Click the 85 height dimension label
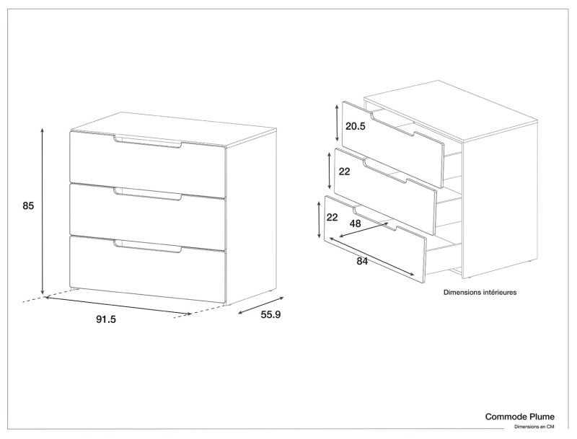click(28, 206)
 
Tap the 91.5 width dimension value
click(106, 319)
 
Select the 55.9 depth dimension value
click(270, 315)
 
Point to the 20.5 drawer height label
click(356, 126)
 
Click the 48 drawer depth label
click(355, 223)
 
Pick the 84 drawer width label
click(362, 262)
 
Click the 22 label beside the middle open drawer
click(345, 172)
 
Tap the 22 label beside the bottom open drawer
click(332, 217)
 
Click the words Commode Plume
click(519, 417)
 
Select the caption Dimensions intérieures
click(480, 292)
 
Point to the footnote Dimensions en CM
click(534, 427)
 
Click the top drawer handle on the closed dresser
click(148, 142)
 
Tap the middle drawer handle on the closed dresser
click(148, 195)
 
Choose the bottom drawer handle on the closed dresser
click(148, 247)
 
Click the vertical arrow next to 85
click(43, 210)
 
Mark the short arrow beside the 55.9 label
click(261, 305)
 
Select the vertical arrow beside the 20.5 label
click(337, 123)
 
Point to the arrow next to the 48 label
click(364, 230)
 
